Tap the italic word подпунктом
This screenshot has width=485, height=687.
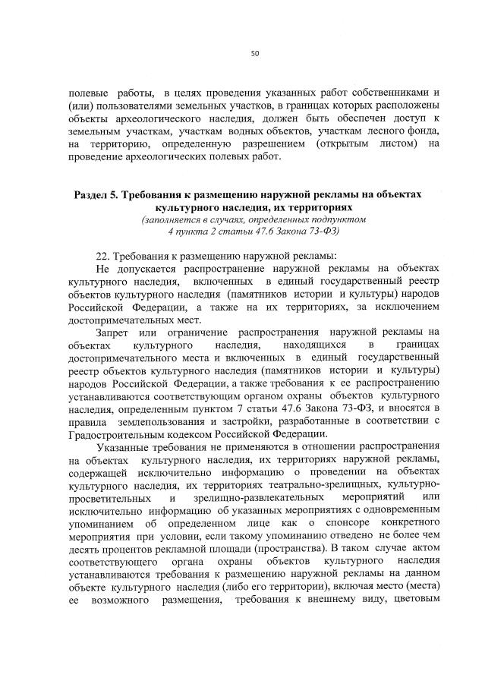point(338,219)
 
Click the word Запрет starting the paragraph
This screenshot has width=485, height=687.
point(112,332)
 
